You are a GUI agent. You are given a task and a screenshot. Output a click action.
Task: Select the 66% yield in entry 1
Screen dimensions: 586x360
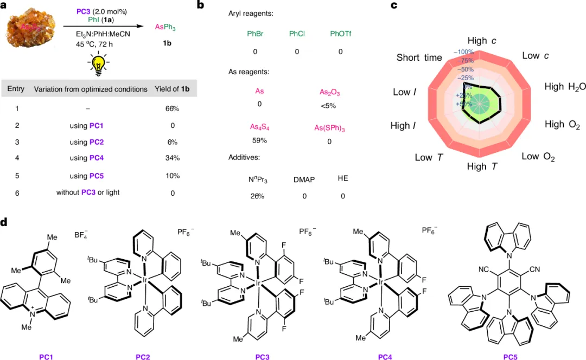coord(172,108)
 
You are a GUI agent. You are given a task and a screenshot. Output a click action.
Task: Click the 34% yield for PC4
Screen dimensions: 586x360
coord(172,158)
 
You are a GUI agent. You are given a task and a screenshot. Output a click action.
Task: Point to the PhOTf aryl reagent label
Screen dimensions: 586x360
coord(341,35)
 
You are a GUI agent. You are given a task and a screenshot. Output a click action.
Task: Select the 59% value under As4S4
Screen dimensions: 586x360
coord(258,141)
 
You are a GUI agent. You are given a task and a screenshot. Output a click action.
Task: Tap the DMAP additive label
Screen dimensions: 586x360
coord(304,179)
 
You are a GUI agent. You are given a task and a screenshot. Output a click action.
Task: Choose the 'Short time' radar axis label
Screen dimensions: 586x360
coord(419,57)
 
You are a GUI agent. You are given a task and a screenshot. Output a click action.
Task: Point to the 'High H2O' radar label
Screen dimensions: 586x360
coord(565,87)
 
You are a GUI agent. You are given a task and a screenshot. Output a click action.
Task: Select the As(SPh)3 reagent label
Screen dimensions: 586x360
coord(329,127)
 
